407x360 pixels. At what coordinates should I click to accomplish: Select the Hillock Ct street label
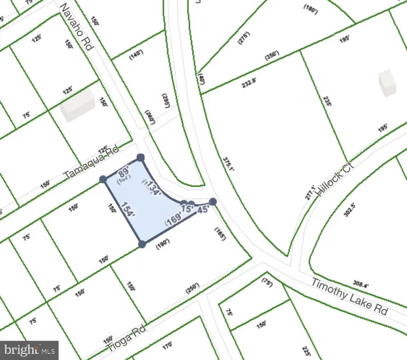(x=335, y=179)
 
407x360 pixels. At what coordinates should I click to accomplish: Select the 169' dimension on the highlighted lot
(x=174, y=219)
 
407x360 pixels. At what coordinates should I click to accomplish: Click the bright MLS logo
(x=29, y=350)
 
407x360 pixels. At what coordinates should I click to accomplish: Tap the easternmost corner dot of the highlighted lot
(x=213, y=202)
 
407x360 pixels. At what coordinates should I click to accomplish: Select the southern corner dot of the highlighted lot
(x=142, y=244)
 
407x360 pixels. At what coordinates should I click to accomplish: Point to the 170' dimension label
(x=167, y=346)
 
